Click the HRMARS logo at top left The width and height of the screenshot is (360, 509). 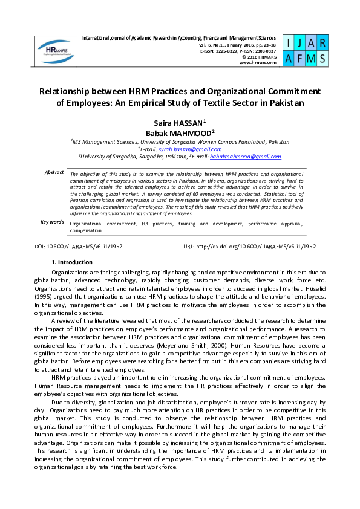(56, 50)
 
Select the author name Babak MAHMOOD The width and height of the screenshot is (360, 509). (180, 133)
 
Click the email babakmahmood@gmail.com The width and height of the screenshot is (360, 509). (245, 157)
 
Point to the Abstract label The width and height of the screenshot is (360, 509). (54, 173)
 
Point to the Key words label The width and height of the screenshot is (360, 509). (52, 222)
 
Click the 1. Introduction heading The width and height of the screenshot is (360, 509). (72, 262)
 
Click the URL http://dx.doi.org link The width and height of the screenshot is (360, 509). (249, 247)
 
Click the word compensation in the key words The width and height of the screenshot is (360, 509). (85, 230)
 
